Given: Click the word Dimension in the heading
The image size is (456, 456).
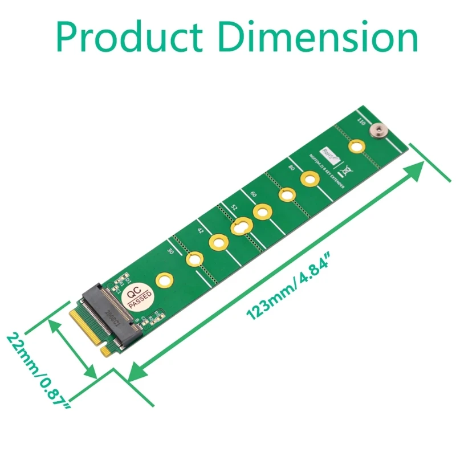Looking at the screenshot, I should pyautogui.click(x=319, y=38).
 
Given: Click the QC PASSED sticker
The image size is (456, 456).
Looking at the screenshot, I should pyautogui.click(x=137, y=297).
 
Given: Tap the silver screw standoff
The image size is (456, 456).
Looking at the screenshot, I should pyautogui.click(x=377, y=130).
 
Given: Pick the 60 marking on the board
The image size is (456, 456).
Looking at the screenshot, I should pyautogui.click(x=253, y=194).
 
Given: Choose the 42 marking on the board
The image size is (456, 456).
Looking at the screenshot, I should pyautogui.click(x=200, y=230).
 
